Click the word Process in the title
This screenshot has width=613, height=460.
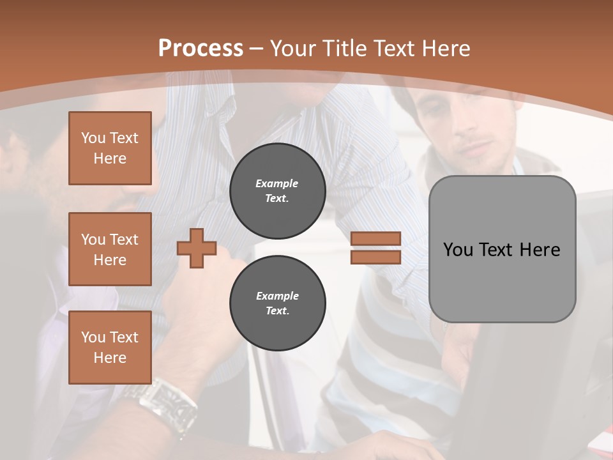[x=201, y=49]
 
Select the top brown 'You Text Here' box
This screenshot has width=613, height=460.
[x=110, y=148]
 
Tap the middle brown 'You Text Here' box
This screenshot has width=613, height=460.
[x=110, y=249]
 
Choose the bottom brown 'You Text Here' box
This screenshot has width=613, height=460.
[x=110, y=348]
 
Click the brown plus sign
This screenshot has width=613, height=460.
[x=196, y=248]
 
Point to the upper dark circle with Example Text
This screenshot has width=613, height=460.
[x=277, y=191]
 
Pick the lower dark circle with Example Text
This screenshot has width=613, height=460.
[x=277, y=303]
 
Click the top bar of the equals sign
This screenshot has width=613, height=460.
[x=375, y=238]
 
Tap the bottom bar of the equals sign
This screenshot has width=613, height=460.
[x=375, y=257]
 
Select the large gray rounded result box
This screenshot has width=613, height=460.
[x=502, y=249]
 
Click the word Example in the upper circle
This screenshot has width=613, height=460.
[x=277, y=183]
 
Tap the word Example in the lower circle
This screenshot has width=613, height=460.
[x=277, y=296]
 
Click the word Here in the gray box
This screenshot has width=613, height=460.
[x=540, y=250]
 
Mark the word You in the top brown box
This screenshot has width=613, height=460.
[x=93, y=138]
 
